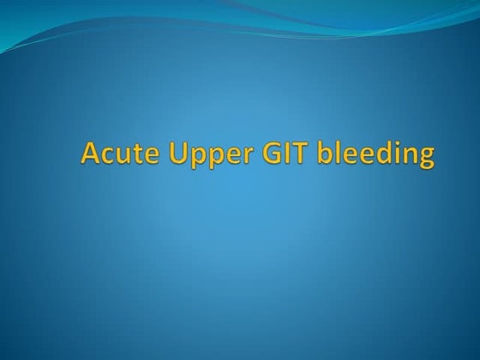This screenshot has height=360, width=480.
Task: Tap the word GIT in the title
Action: coord(271,154)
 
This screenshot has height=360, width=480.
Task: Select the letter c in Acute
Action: coord(106,157)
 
